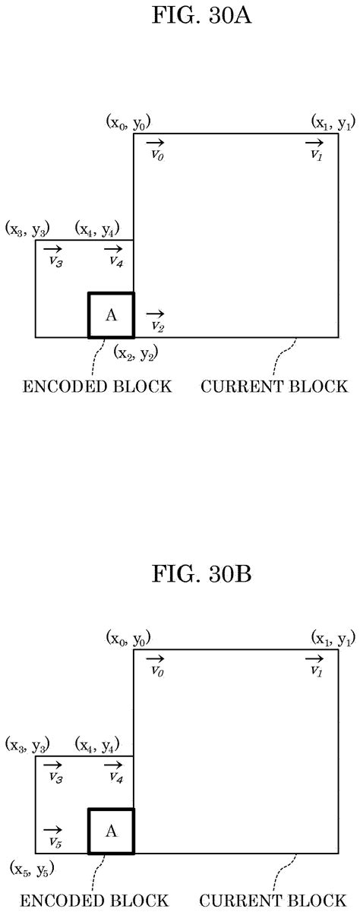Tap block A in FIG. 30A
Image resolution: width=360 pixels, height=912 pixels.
(111, 315)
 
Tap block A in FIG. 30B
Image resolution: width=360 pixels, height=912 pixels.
(111, 832)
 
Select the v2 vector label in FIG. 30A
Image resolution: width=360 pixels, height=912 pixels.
(156, 320)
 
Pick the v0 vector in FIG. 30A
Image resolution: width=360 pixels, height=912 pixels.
(155, 149)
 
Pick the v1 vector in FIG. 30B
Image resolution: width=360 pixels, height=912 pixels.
(314, 665)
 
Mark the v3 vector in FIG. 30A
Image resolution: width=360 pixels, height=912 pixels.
(52, 256)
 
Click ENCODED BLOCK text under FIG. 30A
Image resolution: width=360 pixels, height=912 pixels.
(97, 387)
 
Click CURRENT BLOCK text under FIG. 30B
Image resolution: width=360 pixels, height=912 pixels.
(274, 901)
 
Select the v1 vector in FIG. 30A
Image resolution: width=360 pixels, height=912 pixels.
(314, 149)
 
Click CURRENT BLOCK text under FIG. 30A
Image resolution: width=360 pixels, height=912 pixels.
(274, 387)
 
